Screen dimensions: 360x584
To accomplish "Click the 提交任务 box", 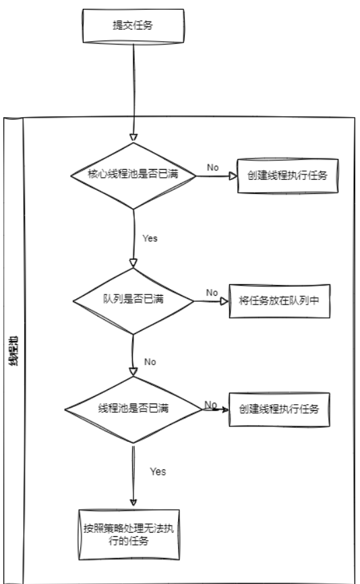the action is pos(133,26).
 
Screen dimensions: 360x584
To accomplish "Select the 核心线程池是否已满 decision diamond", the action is pos(133,176).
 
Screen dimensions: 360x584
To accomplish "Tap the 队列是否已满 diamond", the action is pos(133,301).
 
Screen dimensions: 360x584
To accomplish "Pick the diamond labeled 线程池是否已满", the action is pos(133,410).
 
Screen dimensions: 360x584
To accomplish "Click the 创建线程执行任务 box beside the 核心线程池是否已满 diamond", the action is pos(288,176).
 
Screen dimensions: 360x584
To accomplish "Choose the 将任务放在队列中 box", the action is pos(280,301).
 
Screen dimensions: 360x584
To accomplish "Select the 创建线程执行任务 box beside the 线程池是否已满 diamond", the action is pos(280,410).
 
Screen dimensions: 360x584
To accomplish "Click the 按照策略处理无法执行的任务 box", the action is pos(129,534).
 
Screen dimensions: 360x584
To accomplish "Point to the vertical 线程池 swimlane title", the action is pos(13,350).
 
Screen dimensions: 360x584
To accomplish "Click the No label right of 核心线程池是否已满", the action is pos(213,168).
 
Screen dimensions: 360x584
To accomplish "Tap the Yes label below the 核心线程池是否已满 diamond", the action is pos(150,238).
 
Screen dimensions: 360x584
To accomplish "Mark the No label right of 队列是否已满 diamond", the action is pos(212,293).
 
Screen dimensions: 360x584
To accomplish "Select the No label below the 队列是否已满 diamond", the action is pos(150,362).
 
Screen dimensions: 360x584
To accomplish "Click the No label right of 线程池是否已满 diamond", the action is pos(210,404).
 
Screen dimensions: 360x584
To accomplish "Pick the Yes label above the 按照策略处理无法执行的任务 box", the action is pos(158,472).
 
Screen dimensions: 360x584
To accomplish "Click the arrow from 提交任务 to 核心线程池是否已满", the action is pos(133,93).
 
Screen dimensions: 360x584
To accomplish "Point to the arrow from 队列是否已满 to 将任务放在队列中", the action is pos(212,301).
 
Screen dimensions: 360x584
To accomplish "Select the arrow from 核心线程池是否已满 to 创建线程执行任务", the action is pos(217,176).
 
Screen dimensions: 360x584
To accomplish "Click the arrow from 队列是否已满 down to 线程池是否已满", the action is pos(133,355).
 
